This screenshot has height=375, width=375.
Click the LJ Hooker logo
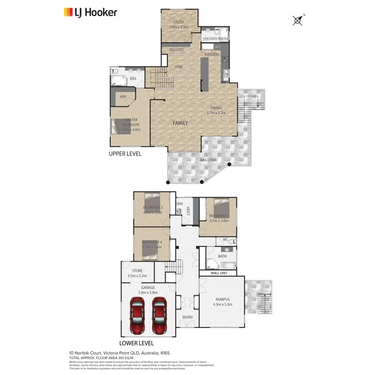90,12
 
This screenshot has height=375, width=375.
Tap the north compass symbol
297,20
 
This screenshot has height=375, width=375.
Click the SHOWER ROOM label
215,38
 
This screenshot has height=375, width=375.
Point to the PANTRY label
176,50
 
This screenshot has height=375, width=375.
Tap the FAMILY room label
180,123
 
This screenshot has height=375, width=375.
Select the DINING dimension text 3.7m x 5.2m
216,112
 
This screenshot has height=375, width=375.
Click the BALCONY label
208,160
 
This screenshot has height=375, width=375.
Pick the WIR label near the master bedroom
123,97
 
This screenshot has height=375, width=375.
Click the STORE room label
137,271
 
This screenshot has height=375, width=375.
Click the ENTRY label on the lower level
187,317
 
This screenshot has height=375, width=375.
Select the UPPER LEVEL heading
125,154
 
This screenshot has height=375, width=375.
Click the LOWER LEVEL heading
136,343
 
